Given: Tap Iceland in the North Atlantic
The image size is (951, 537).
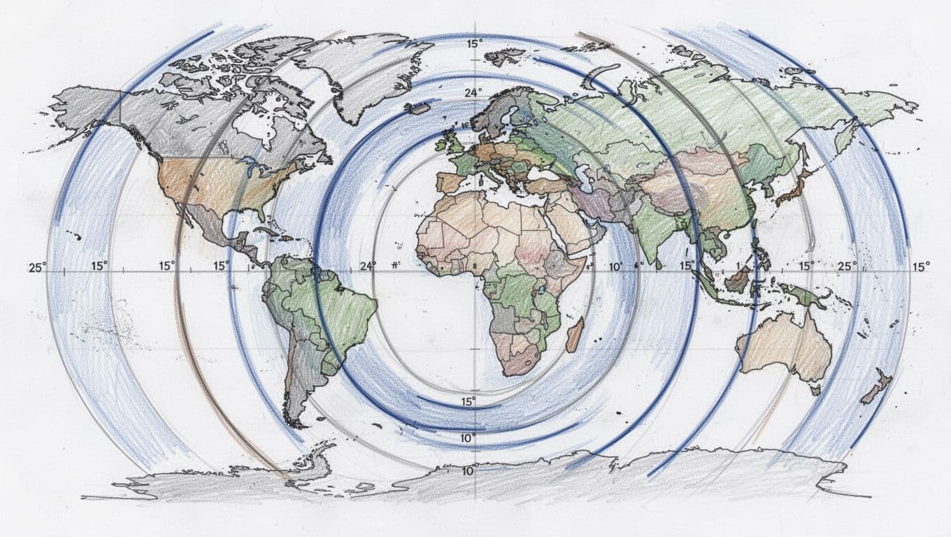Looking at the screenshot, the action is tap(418, 107).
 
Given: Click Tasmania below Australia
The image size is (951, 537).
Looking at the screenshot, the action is tap(815, 389).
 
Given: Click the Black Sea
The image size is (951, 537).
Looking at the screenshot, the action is tap(542, 174).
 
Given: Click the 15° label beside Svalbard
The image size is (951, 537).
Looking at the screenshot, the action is tap(475, 44).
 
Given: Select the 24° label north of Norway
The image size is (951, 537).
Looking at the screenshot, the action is tap(474, 93).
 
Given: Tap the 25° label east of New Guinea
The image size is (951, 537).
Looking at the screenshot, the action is tap(847, 266).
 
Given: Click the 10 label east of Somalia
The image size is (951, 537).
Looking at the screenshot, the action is tap(615, 266).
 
